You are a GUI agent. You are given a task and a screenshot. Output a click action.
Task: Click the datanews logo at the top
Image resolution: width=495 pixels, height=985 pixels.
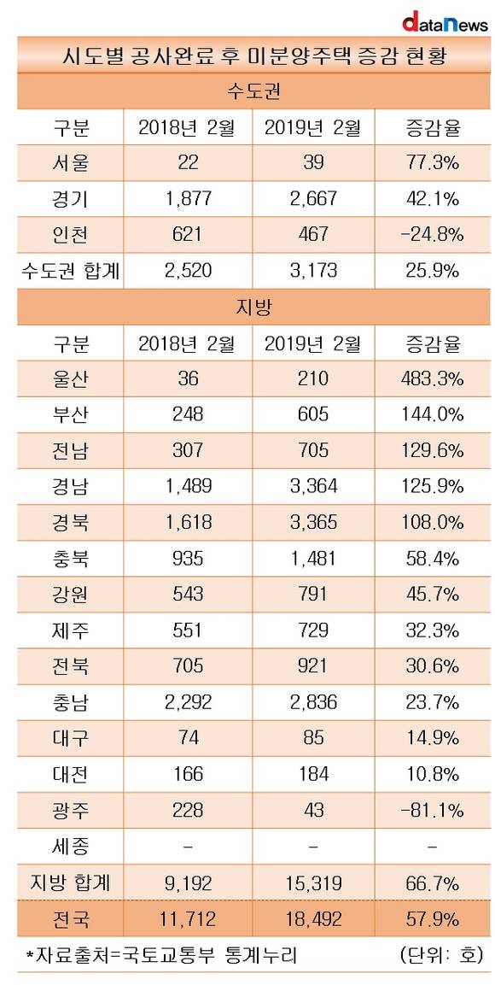click(x=445, y=22)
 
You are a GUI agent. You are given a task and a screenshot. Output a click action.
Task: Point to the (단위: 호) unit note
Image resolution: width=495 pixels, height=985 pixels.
click(x=441, y=955)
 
